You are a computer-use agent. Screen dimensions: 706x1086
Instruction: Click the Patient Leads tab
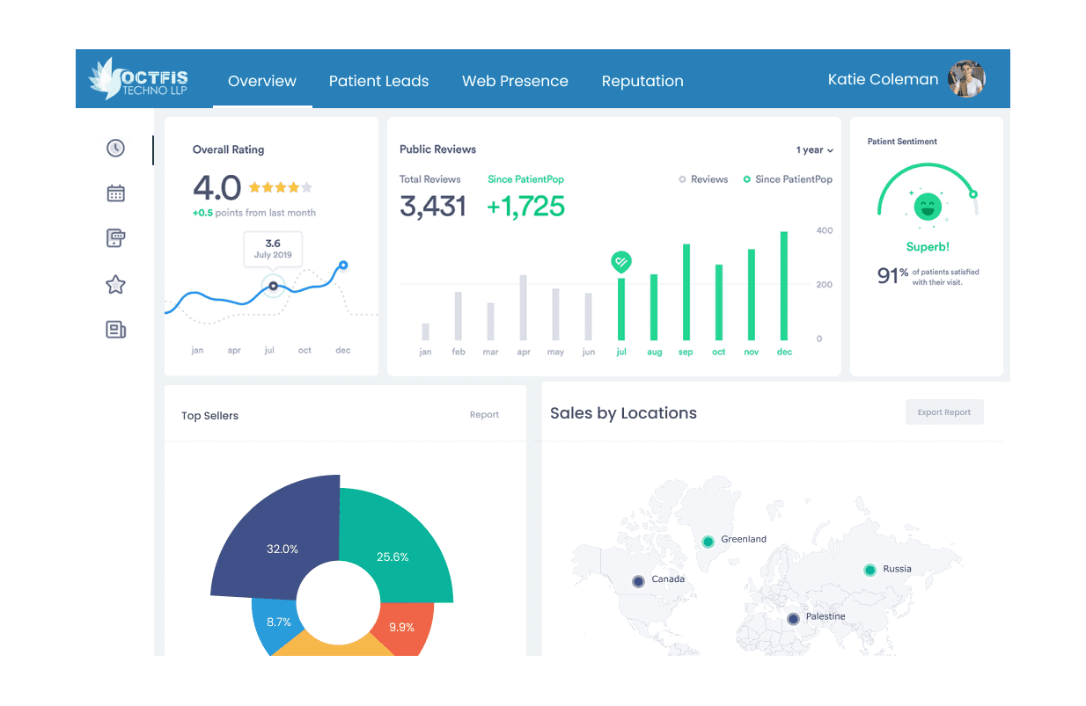pos(378,81)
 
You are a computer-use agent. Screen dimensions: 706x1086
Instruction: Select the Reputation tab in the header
pos(642,81)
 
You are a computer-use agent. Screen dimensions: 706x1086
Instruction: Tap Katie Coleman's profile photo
pos(966,79)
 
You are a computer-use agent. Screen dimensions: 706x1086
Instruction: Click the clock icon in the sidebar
pos(115,148)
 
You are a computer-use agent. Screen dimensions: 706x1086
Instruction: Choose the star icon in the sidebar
pos(115,285)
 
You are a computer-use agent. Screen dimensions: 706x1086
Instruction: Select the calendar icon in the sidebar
pos(115,193)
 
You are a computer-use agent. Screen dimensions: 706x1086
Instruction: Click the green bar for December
pos(784,286)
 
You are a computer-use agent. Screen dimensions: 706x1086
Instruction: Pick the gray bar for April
pos(524,308)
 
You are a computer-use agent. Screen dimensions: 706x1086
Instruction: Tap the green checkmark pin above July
pos(621,261)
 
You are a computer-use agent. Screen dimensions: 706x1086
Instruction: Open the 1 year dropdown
pos(814,150)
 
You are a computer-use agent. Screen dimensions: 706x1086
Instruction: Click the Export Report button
pos(944,412)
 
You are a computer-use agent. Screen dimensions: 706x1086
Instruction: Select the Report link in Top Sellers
pos(484,415)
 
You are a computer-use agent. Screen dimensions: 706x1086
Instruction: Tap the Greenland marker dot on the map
pos(707,541)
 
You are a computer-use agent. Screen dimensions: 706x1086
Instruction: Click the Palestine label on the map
pos(826,617)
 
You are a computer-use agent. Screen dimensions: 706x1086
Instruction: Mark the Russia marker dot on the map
pos(870,570)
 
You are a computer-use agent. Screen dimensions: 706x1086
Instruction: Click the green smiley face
pos(927,207)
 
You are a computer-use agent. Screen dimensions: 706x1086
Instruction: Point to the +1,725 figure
pos(525,206)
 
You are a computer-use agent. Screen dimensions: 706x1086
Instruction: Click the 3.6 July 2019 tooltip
pos(273,249)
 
